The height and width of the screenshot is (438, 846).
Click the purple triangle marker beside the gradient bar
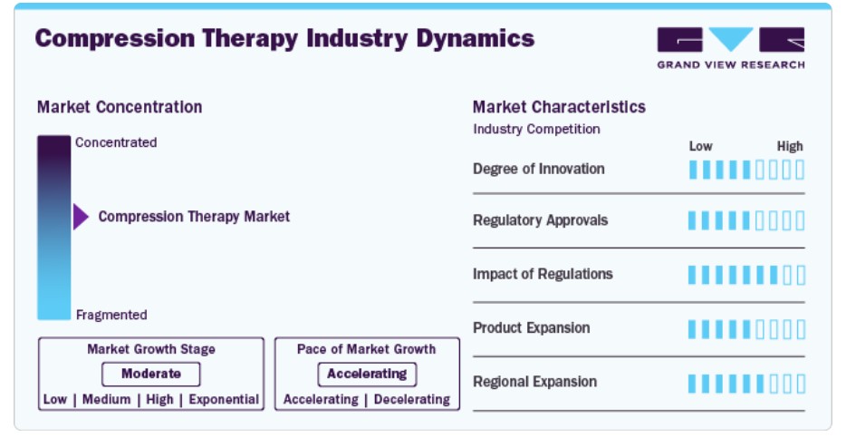pyautogui.click(x=81, y=217)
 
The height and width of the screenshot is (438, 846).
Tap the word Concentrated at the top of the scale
pyautogui.click(x=116, y=142)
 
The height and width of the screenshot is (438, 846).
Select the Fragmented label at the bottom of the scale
pyautogui.click(x=111, y=315)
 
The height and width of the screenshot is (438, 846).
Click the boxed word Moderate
pyautogui.click(x=151, y=374)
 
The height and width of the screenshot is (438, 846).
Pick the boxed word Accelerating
pyautogui.click(x=367, y=374)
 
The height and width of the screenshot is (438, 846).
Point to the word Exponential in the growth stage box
pyautogui.click(x=224, y=400)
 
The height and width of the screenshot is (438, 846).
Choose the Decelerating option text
pyautogui.click(x=411, y=400)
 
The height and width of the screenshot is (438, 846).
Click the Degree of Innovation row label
pyautogui.click(x=538, y=169)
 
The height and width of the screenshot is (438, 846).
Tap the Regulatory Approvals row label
pyautogui.click(x=540, y=220)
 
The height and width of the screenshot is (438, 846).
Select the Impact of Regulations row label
pyautogui.click(x=543, y=275)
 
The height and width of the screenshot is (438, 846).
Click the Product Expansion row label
pyautogui.click(x=532, y=328)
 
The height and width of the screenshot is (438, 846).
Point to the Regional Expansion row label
pyautogui.click(x=534, y=382)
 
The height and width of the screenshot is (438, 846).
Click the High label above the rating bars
pyautogui.click(x=790, y=146)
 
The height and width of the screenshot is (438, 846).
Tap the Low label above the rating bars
pyautogui.click(x=700, y=146)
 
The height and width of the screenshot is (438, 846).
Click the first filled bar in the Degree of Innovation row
pyautogui.click(x=693, y=170)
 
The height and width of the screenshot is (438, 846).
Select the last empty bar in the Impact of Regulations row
pyautogui.click(x=800, y=276)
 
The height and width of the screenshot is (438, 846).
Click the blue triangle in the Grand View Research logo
pyautogui.click(x=731, y=39)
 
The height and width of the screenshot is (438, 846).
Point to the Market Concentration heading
pyautogui.click(x=120, y=107)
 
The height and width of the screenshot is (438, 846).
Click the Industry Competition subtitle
pyautogui.click(x=536, y=129)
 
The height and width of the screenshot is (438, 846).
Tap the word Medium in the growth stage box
pyautogui.click(x=106, y=400)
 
